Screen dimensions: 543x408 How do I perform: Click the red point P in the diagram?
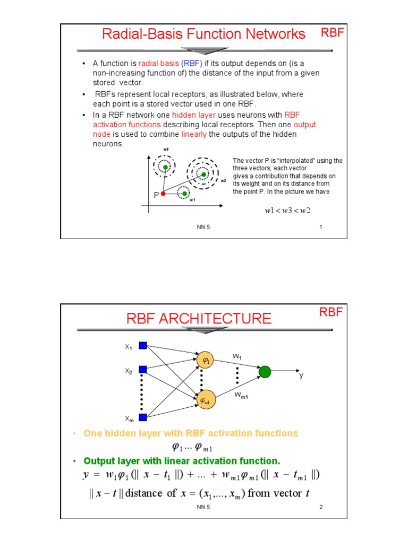163,194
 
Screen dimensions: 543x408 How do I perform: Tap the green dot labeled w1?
184,194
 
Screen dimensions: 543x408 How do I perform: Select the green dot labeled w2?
202,174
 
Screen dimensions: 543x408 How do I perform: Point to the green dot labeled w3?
165,167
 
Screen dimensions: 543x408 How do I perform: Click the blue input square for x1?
142,346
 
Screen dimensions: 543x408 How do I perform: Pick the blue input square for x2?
142,370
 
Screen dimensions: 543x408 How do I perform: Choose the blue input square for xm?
142,417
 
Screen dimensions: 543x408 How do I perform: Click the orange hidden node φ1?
205,360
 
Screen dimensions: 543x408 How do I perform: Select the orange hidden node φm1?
205,400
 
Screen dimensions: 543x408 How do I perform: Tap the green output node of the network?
265,372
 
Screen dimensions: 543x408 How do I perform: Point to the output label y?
301,375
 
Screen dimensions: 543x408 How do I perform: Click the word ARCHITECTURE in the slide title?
220,319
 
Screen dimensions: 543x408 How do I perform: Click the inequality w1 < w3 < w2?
287,211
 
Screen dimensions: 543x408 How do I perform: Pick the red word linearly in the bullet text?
194,134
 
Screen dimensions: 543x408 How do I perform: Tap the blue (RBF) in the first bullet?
192,64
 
